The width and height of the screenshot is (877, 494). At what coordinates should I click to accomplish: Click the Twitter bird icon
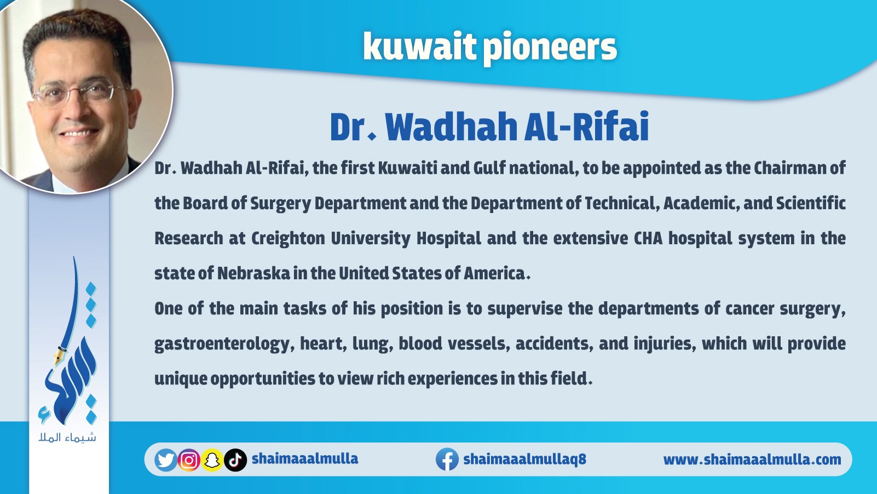(166, 459)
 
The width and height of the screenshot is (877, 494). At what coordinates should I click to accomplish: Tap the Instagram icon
(189, 459)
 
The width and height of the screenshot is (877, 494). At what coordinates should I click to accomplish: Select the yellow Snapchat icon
(212, 460)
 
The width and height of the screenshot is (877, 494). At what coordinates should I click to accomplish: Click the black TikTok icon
(235, 460)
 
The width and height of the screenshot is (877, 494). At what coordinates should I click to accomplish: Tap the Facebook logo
(447, 459)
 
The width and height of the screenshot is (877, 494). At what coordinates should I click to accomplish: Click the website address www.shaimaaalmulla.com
(752, 459)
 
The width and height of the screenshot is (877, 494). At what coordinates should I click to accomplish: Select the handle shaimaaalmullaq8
(524, 459)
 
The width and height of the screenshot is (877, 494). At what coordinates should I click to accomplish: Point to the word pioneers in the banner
(550, 49)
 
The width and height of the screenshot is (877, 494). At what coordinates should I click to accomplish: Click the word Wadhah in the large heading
(452, 127)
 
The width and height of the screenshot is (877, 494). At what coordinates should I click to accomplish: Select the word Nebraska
(253, 273)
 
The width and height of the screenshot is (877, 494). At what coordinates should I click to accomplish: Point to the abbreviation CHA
(648, 238)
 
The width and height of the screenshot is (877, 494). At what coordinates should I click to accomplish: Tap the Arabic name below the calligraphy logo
(67, 437)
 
